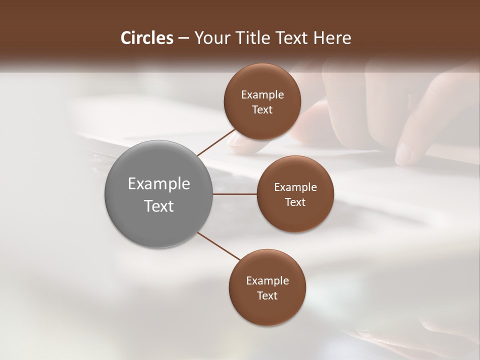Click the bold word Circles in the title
(x=146, y=38)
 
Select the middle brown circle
(x=295, y=217)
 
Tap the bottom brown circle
(x=267, y=310)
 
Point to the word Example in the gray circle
(x=159, y=184)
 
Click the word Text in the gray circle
(x=159, y=206)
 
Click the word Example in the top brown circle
(x=262, y=94)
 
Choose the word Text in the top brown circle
(x=262, y=109)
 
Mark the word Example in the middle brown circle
(x=295, y=187)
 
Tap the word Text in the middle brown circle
(x=295, y=202)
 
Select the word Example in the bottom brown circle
(x=267, y=280)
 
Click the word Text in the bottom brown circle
(x=267, y=295)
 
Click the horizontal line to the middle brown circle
(x=235, y=194)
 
